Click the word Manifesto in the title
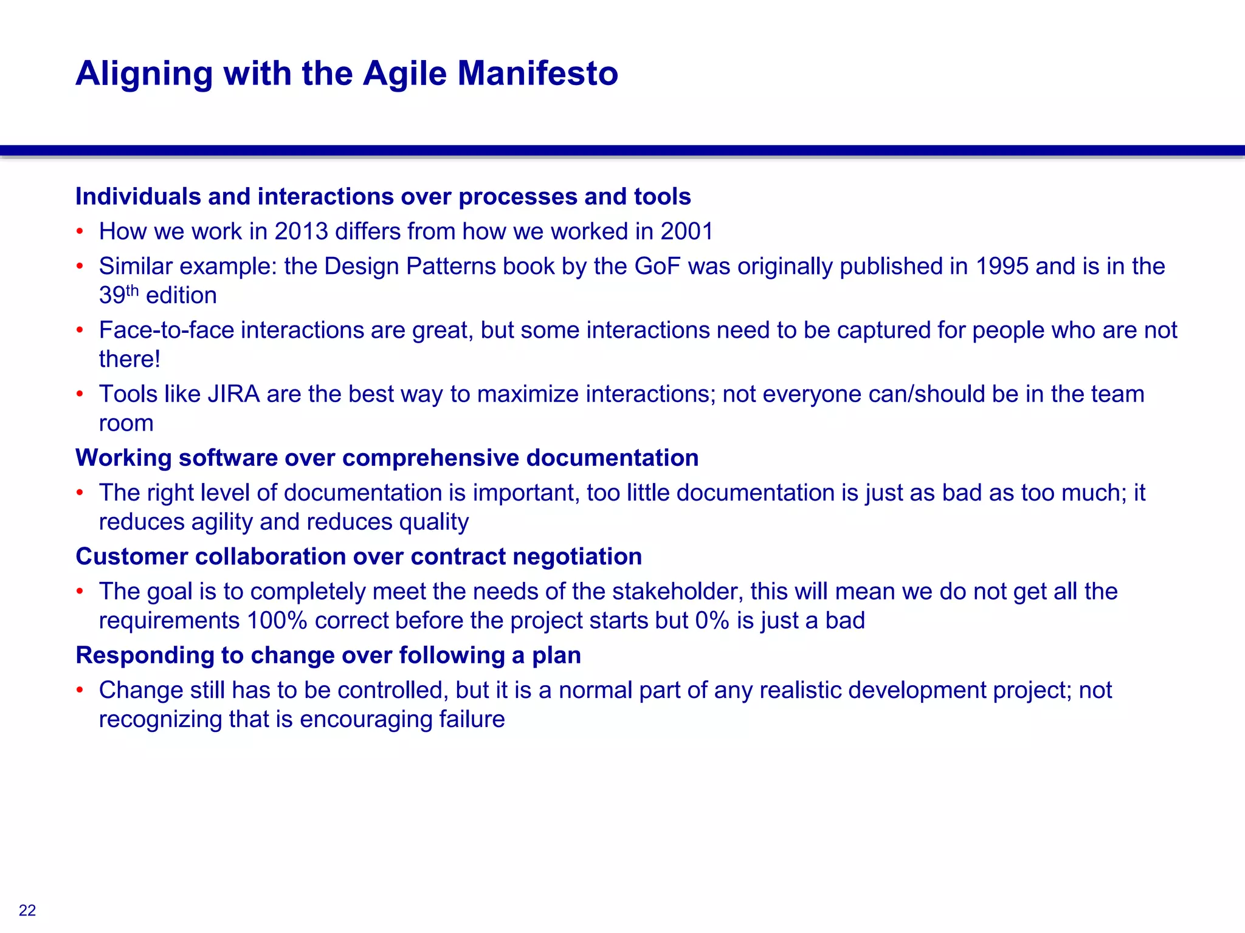pos(537,73)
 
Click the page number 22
pos(27,910)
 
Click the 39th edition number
pos(119,295)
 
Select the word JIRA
pos(233,394)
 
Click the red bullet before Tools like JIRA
pos(80,394)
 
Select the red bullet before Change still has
pos(80,690)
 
